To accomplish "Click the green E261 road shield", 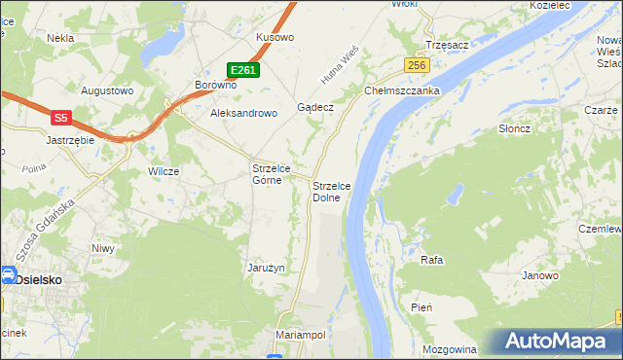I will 243,70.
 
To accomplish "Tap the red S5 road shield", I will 60,118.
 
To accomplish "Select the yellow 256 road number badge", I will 418,64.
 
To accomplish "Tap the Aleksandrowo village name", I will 244,113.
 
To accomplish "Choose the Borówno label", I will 216,85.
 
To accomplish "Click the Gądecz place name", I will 316,107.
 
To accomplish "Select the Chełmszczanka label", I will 403,90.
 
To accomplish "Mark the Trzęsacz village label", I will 448,45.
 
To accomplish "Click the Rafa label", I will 431,260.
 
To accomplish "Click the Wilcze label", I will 163,171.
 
